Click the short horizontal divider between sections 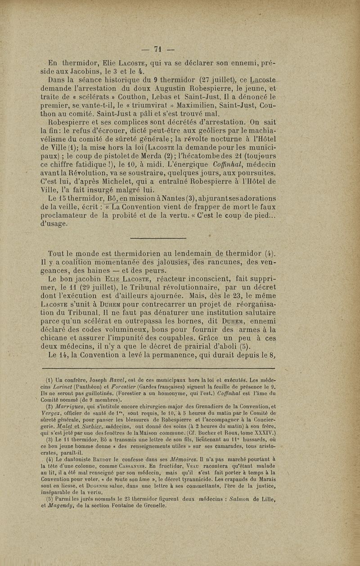click(x=158, y=238)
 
